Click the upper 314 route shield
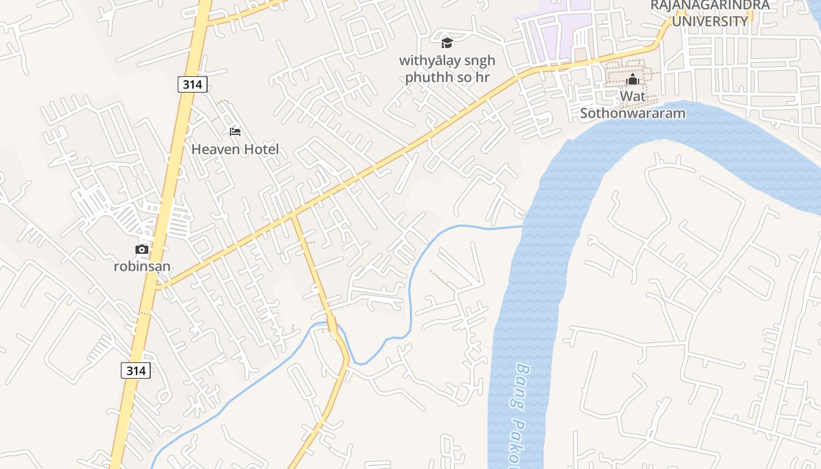pyautogui.click(x=192, y=84)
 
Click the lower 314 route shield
pyautogui.click(x=136, y=371)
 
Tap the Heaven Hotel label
pyautogui.click(x=235, y=149)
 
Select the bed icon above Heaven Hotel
pyautogui.click(x=235, y=132)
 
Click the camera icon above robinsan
pyautogui.click(x=142, y=250)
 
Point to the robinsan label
pyautogui.click(x=143, y=267)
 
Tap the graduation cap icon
pyautogui.click(x=447, y=43)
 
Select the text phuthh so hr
pyautogui.click(x=447, y=77)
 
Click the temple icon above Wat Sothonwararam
pyautogui.click(x=633, y=80)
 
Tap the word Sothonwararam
pyautogui.click(x=633, y=113)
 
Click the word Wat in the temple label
pyautogui.click(x=633, y=96)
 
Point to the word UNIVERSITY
pyautogui.click(x=710, y=22)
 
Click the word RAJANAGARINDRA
pyautogui.click(x=710, y=5)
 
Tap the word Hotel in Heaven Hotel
pyautogui.click(x=262, y=149)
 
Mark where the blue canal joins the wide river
pyautogui.click(x=522, y=226)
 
